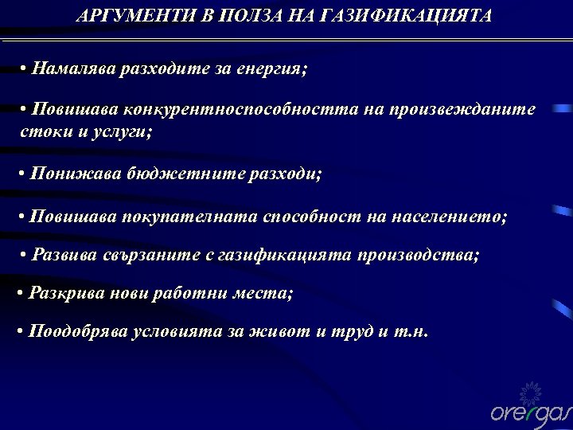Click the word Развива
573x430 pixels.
[x=65, y=256]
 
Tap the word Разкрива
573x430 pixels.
[x=65, y=294]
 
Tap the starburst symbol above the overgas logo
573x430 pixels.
[x=529, y=391]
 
